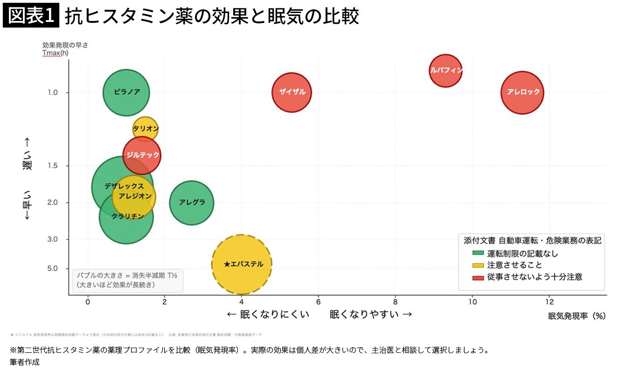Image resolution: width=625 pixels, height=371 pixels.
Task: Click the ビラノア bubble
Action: pos(126,92)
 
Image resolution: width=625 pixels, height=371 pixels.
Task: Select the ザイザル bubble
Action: pos(292,92)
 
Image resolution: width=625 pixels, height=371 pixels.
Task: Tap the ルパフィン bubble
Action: pos(446,70)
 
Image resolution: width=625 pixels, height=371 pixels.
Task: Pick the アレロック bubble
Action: pos(523,92)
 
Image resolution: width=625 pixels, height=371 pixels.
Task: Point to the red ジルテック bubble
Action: pos(142,155)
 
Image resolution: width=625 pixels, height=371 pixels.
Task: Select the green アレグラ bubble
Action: pos(191,203)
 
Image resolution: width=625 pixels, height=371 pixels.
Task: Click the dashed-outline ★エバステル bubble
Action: pos(242,264)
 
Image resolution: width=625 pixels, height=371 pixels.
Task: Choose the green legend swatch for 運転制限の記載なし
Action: pos(478,254)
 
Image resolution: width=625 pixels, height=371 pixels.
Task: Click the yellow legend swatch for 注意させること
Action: pos(478,266)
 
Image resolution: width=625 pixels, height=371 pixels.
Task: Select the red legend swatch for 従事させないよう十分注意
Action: pos(478,277)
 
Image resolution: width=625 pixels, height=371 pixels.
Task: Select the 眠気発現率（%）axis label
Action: pos(576,316)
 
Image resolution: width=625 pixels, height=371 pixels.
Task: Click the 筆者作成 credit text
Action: pos(24,362)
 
